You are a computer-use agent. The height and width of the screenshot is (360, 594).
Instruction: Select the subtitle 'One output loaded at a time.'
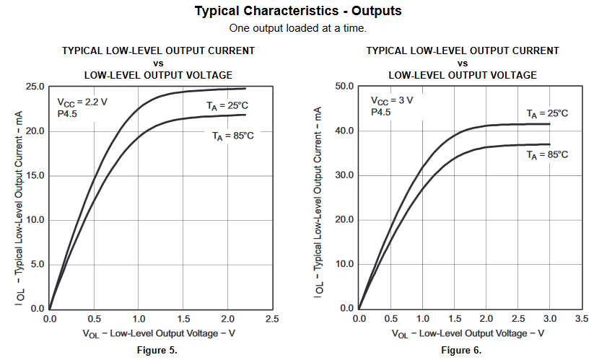click(x=298, y=28)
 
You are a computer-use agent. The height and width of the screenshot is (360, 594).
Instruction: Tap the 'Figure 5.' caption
click(x=157, y=350)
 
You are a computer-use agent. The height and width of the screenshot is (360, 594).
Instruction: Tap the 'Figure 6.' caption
click(x=461, y=350)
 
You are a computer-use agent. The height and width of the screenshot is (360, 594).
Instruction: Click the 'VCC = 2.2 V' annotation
click(x=82, y=102)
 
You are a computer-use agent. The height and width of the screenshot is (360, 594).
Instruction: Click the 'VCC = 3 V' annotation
click(x=392, y=100)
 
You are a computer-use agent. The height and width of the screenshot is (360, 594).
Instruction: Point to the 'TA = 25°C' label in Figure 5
click(x=228, y=105)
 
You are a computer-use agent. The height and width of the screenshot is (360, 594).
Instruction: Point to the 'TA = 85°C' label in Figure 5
click(x=232, y=135)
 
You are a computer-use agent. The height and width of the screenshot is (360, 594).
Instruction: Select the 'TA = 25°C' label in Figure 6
click(x=547, y=113)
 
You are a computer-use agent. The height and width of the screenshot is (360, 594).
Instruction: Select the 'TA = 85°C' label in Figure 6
click(x=547, y=154)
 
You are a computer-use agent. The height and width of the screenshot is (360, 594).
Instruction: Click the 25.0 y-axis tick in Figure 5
click(x=35, y=87)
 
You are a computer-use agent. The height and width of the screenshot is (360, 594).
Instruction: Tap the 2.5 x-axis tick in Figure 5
click(x=272, y=318)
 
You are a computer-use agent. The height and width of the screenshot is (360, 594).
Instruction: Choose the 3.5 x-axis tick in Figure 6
click(x=582, y=318)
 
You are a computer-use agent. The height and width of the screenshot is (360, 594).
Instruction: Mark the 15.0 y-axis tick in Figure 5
click(x=35, y=175)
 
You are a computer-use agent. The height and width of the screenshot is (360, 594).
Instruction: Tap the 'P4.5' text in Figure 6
click(x=381, y=112)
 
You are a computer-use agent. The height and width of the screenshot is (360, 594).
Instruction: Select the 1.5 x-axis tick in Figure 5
click(x=183, y=318)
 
